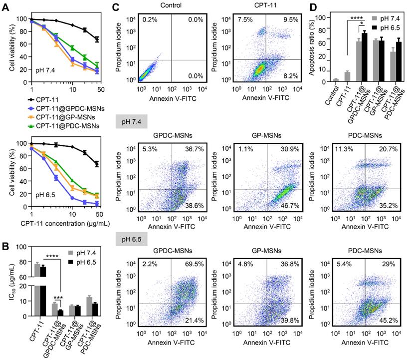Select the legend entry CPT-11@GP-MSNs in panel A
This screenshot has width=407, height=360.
(x=46, y=117)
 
